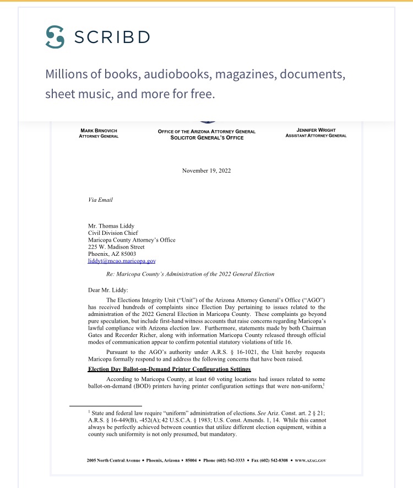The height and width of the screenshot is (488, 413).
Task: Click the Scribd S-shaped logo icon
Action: coord(55,37)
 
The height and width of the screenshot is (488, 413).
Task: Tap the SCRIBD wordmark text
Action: coord(112,37)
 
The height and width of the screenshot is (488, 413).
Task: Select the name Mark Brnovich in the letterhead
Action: coord(99,131)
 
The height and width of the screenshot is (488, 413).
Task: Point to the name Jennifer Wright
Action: coord(316,130)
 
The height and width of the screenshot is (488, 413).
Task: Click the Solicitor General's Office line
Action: coord(206,138)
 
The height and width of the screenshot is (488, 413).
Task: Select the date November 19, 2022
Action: coord(206,170)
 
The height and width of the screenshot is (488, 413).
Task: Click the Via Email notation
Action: coord(100,200)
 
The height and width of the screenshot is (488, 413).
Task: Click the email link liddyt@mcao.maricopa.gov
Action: coord(122,261)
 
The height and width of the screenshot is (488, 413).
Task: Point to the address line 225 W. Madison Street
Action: coord(116,247)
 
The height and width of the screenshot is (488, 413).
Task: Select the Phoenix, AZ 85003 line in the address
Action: coord(111,254)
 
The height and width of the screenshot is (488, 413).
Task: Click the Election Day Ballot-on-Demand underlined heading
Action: coord(170,369)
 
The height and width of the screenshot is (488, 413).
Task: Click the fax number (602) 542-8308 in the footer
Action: coord(273,460)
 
